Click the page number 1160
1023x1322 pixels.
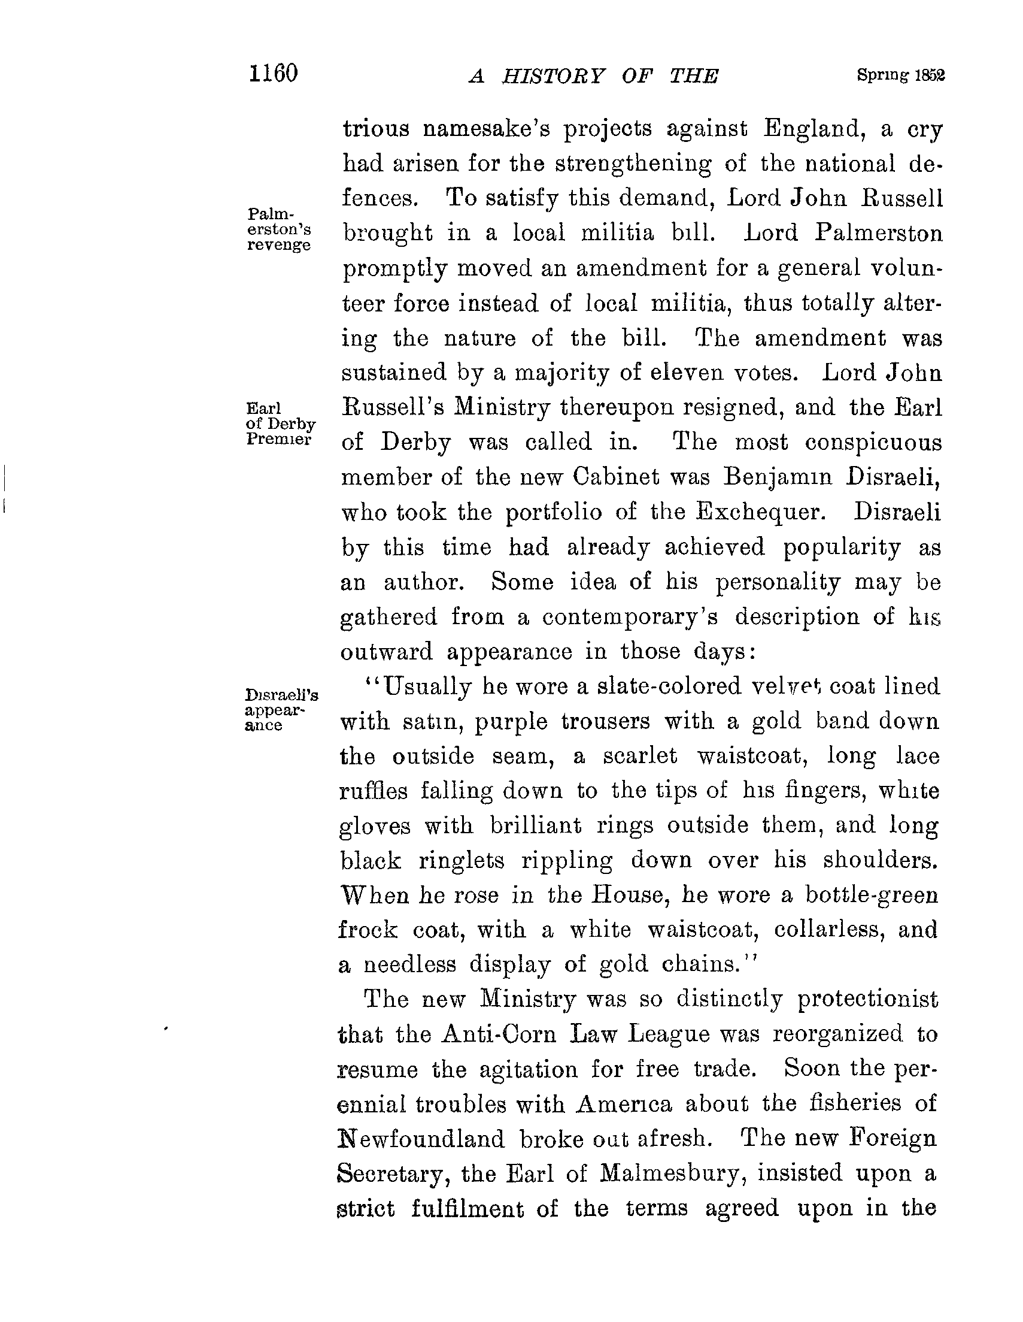point(274,74)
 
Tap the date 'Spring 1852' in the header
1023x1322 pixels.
point(900,75)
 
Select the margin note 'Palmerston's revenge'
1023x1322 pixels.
point(279,229)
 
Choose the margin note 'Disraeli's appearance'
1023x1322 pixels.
point(281,709)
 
